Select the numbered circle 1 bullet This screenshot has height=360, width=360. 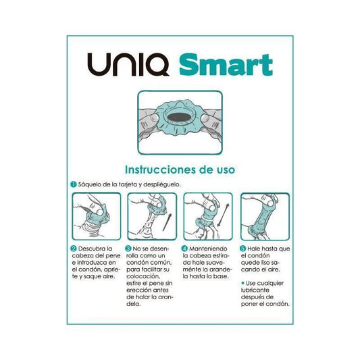coord(73,184)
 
